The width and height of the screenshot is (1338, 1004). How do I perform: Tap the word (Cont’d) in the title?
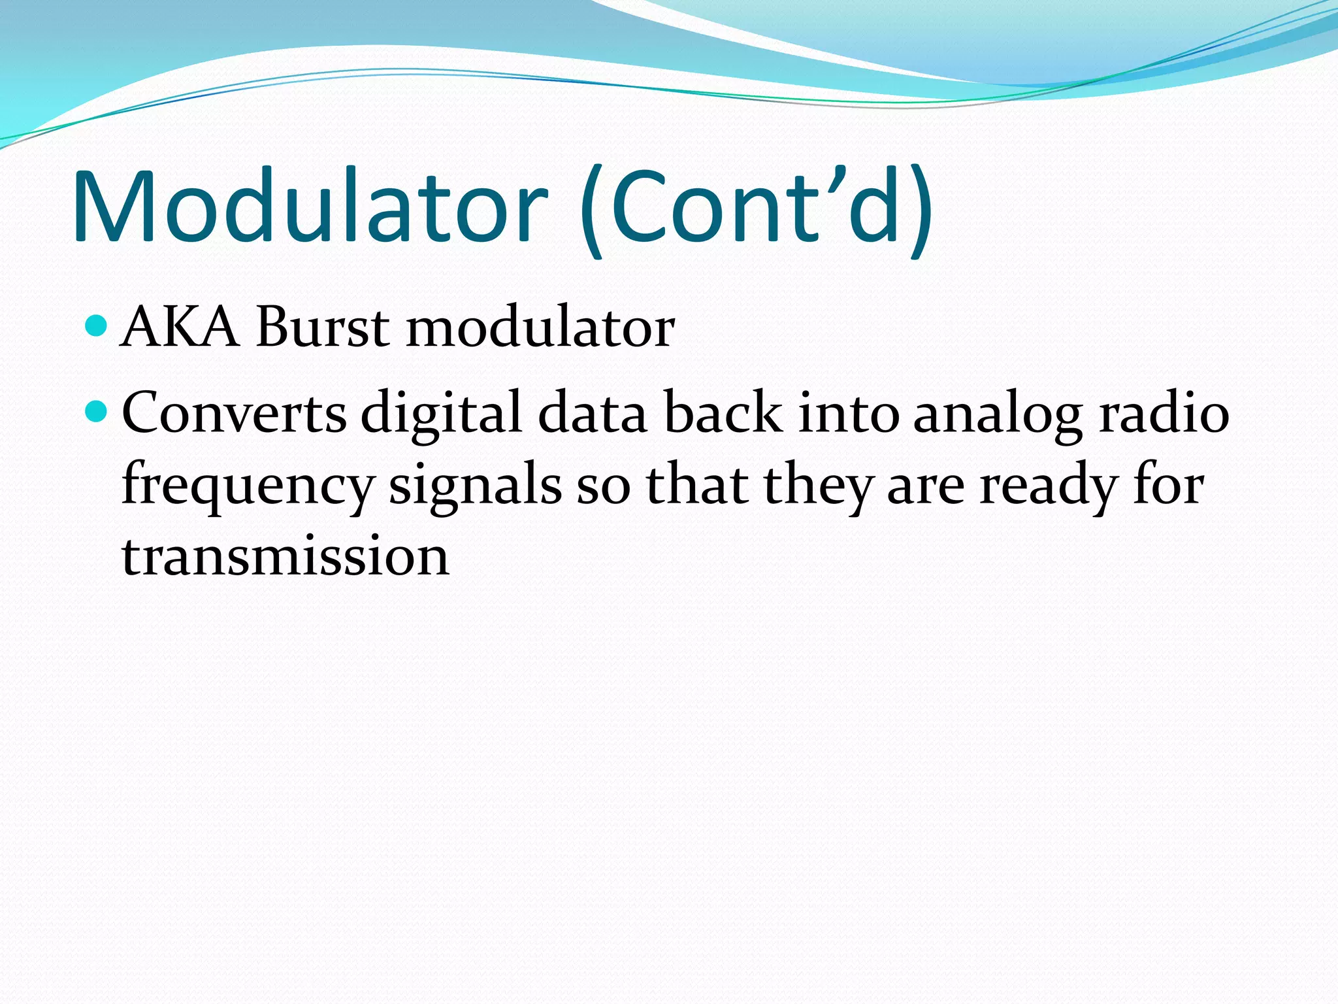[x=756, y=209]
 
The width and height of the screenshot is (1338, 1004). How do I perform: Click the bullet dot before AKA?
[x=96, y=325]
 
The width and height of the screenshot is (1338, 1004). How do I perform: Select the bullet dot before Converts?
[x=96, y=411]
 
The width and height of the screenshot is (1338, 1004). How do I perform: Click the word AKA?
[x=180, y=327]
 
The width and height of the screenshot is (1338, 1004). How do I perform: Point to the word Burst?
[x=323, y=327]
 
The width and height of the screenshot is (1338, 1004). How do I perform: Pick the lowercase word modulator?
[x=540, y=327]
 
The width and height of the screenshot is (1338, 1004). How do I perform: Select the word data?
[x=592, y=413]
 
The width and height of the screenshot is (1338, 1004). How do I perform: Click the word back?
[x=723, y=413]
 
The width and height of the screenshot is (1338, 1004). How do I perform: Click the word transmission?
[x=286, y=557]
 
